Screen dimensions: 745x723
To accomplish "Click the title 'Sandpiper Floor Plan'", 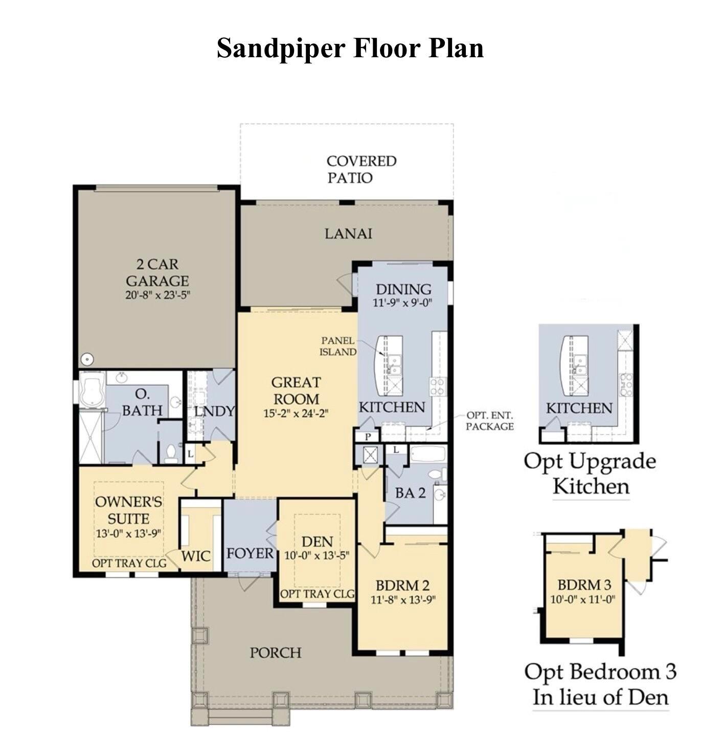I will [350, 49].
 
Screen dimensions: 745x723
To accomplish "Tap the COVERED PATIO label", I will [361, 169].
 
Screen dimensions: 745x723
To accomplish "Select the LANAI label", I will [348, 234].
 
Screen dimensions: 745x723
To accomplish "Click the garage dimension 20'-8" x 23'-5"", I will [157, 295].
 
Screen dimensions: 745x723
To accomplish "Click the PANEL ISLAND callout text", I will [338, 346].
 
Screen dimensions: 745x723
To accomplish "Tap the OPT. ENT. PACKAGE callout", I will [489, 421].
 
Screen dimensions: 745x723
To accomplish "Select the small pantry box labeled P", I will [368, 436].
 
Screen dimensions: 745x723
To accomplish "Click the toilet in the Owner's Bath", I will [171, 453].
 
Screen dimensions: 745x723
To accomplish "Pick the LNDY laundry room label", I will [214, 411].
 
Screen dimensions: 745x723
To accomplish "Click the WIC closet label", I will [196, 556].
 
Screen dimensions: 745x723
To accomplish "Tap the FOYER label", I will [250, 553].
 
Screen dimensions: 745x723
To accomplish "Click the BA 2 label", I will [410, 493].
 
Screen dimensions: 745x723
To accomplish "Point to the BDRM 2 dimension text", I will [403, 600].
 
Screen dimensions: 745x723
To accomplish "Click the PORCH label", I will [275, 653].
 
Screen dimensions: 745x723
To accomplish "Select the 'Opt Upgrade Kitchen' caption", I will [590, 473].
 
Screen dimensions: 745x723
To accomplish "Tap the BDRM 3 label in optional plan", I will [584, 585].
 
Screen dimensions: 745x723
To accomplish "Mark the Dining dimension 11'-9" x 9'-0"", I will [402, 302].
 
